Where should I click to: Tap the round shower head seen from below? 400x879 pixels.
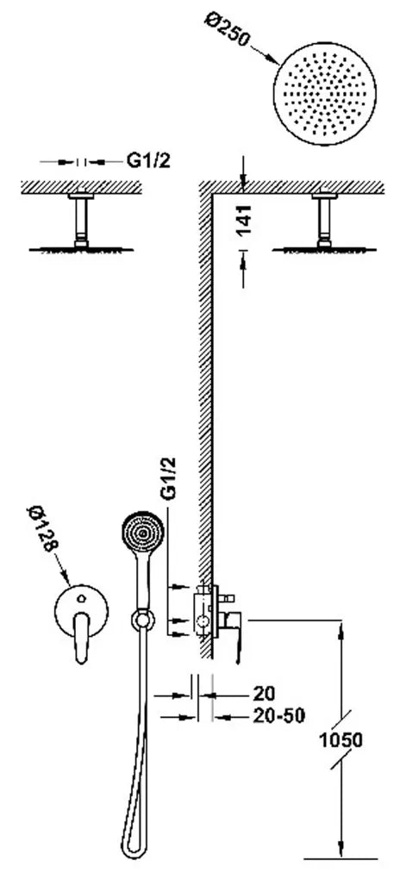click(325, 93)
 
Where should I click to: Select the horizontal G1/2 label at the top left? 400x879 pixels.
click(147, 161)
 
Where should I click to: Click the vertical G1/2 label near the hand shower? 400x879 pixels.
click(168, 478)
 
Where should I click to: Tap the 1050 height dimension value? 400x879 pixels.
click(341, 740)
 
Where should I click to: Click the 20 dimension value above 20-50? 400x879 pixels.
click(264, 694)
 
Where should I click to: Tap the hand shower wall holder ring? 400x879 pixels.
click(143, 620)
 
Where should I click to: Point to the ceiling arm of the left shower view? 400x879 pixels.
click(81, 221)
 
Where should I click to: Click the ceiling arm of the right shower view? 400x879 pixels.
click(324, 221)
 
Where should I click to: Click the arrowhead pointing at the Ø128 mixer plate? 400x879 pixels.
click(66, 577)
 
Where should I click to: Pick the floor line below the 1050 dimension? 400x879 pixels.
click(341, 858)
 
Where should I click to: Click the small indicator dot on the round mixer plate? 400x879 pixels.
click(82, 597)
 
